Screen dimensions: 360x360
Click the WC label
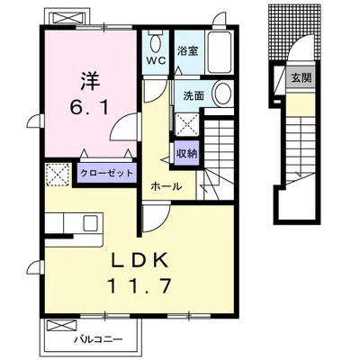point(156,61)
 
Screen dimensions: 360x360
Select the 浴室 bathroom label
point(187,50)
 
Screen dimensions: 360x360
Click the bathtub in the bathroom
point(220,52)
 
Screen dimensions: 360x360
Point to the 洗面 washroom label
point(193,95)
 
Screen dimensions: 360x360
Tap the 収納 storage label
point(186,153)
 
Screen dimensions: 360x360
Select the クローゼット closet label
point(106,173)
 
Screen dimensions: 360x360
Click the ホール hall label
point(166,186)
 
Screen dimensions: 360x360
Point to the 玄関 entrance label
point(301,78)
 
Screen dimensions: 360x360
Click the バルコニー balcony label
point(98,340)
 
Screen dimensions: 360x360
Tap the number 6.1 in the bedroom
point(89,108)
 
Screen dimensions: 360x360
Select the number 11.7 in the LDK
point(139,285)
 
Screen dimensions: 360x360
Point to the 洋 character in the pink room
point(90,81)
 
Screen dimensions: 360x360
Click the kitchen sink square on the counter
point(90,223)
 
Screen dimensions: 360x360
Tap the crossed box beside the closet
point(58,175)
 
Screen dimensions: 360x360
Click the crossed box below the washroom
point(186,125)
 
